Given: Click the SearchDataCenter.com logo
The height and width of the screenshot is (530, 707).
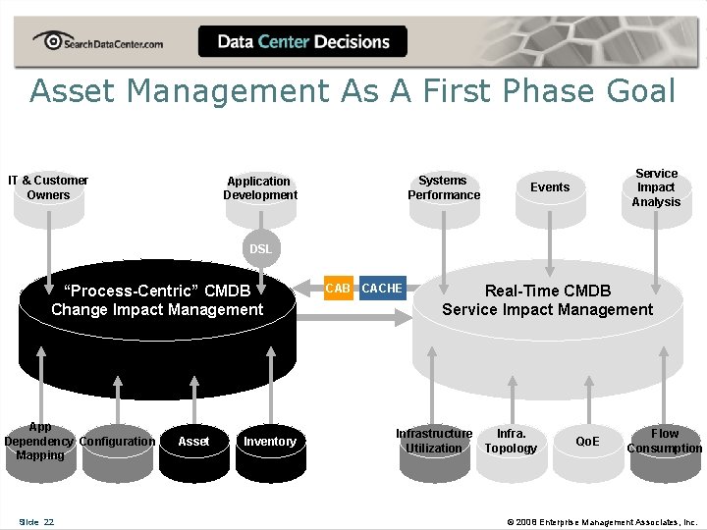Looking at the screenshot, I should pyautogui.click(x=97, y=42).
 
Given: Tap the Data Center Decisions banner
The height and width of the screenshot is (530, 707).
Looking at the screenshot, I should pyautogui.click(x=302, y=42).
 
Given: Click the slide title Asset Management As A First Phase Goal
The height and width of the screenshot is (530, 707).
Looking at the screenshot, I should pyautogui.click(x=353, y=91).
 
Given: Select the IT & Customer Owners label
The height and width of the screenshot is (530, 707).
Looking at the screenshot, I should pyautogui.click(x=48, y=187).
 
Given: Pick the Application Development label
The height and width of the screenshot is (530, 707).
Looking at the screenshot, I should pyautogui.click(x=259, y=187).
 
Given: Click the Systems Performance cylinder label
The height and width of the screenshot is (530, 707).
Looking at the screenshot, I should pyautogui.click(x=444, y=187).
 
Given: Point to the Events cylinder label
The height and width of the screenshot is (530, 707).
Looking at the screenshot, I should pyautogui.click(x=549, y=187).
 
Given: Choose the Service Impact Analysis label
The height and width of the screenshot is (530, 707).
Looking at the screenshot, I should pyautogui.click(x=656, y=187).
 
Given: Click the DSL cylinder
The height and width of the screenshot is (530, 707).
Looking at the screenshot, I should pyautogui.click(x=260, y=249).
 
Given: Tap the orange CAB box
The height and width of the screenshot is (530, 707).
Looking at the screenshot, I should pyautogui.click(x=338, y=289).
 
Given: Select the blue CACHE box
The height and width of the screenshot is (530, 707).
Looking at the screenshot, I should pyautogui.click(x=382, y=289).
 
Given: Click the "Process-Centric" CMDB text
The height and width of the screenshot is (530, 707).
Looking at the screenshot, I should pyautogui.click(x=157, y=300).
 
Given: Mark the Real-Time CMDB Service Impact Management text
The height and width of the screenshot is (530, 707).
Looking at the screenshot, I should pyautogui.click(x=547, y=300).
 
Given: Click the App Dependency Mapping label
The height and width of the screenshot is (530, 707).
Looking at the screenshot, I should pyautogui.click(x=40, y=441).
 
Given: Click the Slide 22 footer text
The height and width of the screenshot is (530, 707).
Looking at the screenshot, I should pyautogui.click(x=36, y=521).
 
